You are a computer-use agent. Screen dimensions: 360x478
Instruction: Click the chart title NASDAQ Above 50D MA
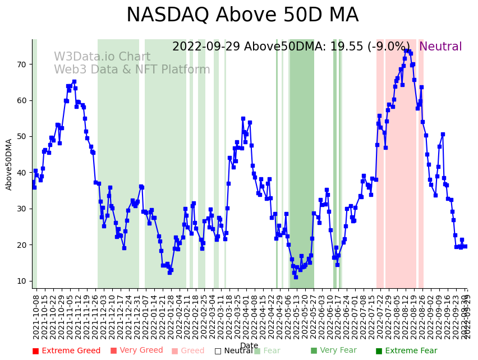pos(242,15)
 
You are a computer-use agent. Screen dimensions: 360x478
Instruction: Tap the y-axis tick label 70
pos(21,64)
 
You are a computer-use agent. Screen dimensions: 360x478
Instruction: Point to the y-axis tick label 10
pos(21,281)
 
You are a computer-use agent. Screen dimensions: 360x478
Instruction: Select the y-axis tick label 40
pos(21,173)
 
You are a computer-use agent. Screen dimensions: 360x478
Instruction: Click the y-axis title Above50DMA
pos(9,164)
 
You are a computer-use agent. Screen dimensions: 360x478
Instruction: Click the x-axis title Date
pos(249,346)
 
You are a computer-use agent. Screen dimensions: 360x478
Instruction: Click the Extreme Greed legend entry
pos(66,351)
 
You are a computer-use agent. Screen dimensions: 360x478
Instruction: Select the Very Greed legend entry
pos(136,351)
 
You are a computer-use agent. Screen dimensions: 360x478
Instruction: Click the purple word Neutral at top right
pos(440,47)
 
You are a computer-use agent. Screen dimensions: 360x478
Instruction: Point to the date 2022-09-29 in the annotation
pos(206,47)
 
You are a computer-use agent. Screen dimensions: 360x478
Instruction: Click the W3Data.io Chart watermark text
pos(102,57)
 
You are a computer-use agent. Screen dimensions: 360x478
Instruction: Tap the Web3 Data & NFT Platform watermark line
pos(132,70)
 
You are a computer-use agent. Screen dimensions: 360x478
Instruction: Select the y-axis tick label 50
pos(21,137)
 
